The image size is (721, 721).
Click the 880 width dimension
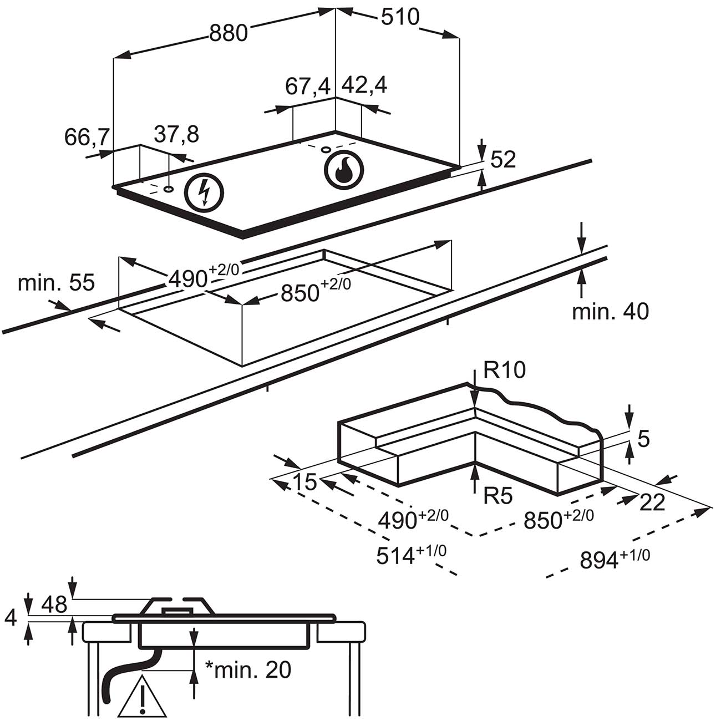(229, 33)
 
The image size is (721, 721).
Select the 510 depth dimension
(400, 17)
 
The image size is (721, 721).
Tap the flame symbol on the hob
(343, 170)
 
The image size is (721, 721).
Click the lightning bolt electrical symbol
(204, 193)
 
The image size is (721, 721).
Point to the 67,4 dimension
(308, 87)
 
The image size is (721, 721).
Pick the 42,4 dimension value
(364, 85)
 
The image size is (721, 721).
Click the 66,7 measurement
(87, 137)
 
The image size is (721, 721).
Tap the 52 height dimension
(503, 159)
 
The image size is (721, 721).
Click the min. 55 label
(56, 282)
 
